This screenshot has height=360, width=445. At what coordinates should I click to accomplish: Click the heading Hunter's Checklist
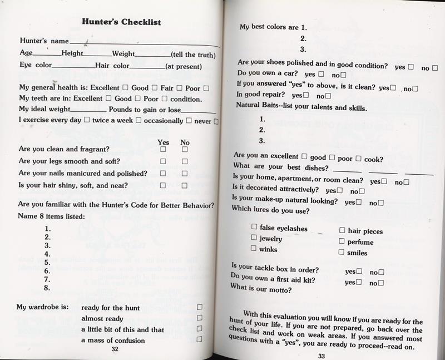tap(121, 22)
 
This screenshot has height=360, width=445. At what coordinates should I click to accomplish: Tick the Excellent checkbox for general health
tap(125, 87)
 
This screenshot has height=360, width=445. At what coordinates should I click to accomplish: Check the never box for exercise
tap(216, 120)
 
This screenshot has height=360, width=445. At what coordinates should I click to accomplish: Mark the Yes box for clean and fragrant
tap(164, 150)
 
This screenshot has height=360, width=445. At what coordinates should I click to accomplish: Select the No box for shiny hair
tap(185, 185)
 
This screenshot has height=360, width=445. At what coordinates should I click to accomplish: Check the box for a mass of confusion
tap(199, 339)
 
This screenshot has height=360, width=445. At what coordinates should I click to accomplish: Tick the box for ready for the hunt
tap(199, 308)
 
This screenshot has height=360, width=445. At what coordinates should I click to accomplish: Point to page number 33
tap(320, 357)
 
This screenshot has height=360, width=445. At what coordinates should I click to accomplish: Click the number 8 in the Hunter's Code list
tap(47, 288)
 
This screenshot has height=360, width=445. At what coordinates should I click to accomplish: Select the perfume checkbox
tap(341, 241)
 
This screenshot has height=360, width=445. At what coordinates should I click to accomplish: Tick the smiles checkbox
tap(341, 252)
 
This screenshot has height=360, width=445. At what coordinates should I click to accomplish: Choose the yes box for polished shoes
tap(411, 66)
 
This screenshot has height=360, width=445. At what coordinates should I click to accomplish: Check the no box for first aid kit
tap(381, 283)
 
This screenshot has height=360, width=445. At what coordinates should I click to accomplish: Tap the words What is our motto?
tap(261, 289)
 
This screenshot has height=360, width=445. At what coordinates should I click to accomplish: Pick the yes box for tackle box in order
tap(359, 272)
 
